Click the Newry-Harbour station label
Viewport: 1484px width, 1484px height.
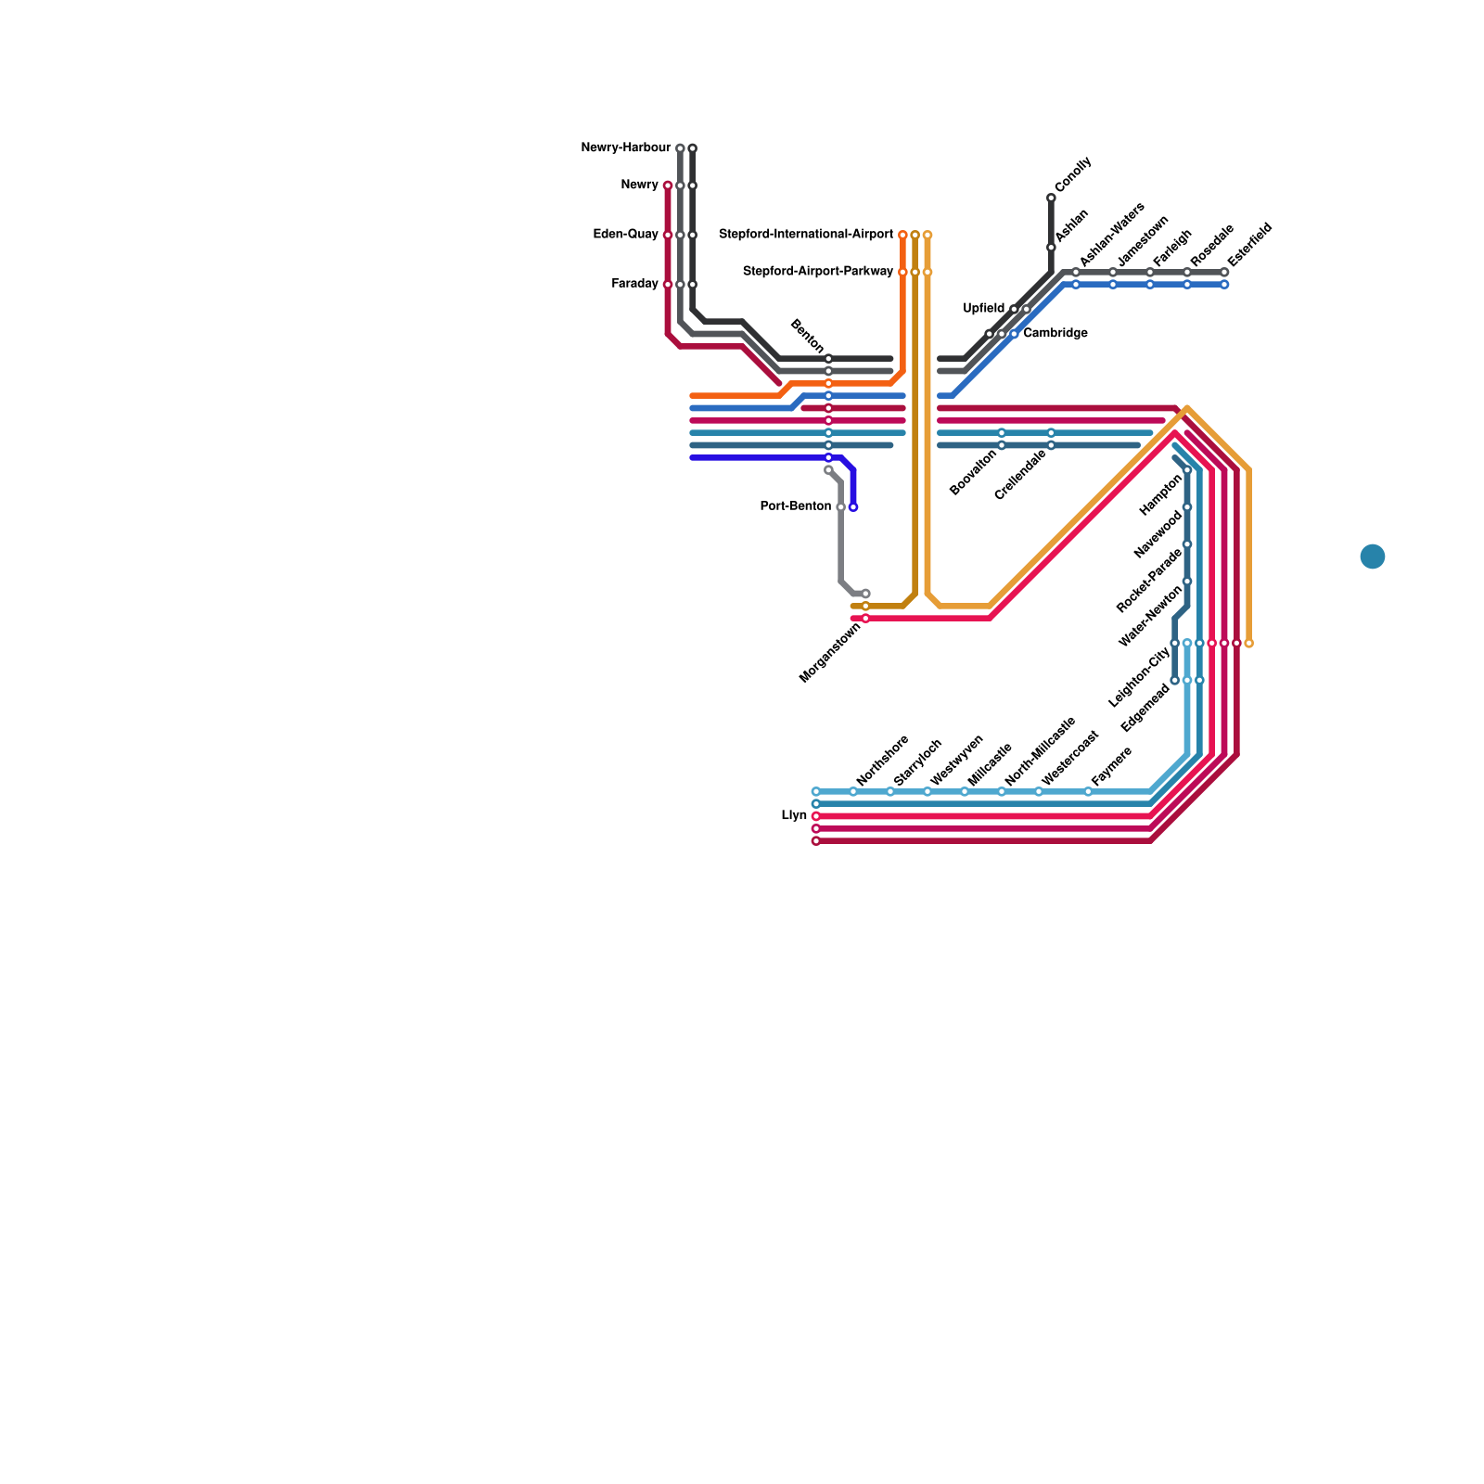(625, 148)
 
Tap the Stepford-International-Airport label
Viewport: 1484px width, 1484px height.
(806, 235)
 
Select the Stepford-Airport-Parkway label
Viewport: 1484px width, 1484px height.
(818, 272)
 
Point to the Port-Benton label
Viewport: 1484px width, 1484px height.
(795, 506)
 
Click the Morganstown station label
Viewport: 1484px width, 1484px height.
(830, 653)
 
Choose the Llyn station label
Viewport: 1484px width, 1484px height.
(794, 816)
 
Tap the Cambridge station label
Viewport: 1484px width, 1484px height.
(1055, 333)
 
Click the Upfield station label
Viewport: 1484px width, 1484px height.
(983, 308)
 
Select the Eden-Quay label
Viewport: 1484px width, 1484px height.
(625, 235)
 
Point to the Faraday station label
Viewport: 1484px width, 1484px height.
(634, 284)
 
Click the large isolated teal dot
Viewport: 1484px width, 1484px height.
(1373, 556)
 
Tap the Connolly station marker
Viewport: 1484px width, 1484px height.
(1051, 198)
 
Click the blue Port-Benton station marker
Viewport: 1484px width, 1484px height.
(853, 507)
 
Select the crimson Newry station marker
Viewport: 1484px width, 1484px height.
(668, 185)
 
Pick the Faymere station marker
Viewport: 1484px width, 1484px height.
(1088, 792)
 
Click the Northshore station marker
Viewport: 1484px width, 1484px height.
(853, 792)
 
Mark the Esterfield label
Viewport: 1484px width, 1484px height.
(1250, 244)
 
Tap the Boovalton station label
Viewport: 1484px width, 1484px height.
(974, 472)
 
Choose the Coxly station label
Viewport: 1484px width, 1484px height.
(1073, 175)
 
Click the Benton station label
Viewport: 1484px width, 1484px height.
(806, 336)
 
